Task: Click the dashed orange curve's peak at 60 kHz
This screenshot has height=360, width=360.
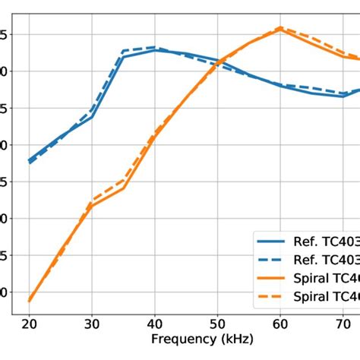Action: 280,28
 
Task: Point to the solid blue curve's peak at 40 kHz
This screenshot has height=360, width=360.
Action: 155,50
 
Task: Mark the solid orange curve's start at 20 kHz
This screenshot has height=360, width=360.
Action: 30,301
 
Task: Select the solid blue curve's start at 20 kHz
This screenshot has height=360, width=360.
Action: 30,160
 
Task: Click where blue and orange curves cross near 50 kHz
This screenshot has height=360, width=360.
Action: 221,61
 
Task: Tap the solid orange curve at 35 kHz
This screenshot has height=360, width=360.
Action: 123,188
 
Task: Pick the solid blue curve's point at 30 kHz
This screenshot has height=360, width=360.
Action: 92,116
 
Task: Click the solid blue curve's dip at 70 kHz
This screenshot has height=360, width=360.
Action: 343,96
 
